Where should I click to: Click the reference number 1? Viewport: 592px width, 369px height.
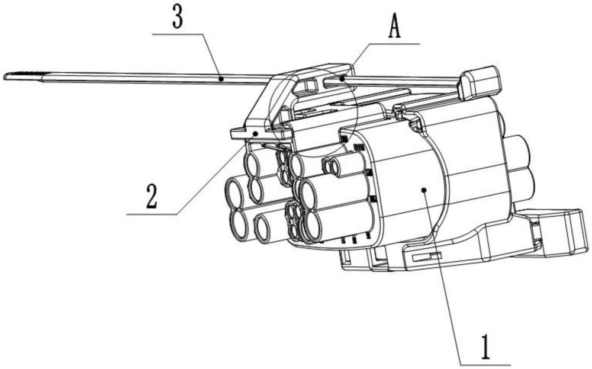click(x=485, y=346)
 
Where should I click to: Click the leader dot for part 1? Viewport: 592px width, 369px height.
click(x=424, y=190)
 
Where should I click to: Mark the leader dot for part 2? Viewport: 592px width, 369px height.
click(x=256, y=134)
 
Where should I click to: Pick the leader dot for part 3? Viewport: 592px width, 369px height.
click(x=221, y=77)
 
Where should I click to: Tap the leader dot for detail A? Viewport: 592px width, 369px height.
click(x=342, y=78)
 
